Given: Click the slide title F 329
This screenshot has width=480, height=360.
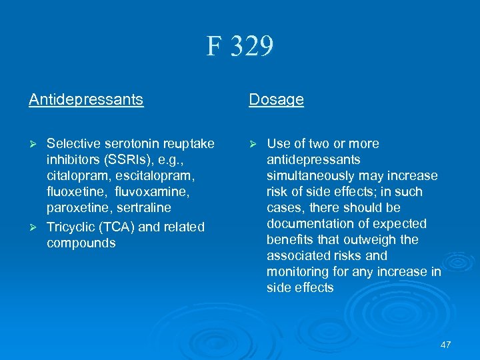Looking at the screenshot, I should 240,47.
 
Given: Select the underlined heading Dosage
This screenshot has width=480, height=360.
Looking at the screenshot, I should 276,100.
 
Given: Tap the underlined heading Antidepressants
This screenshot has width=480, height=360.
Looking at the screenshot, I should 86,100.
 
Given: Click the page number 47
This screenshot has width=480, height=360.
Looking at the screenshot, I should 445,344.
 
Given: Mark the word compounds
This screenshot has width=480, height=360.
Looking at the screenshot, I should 81,243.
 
